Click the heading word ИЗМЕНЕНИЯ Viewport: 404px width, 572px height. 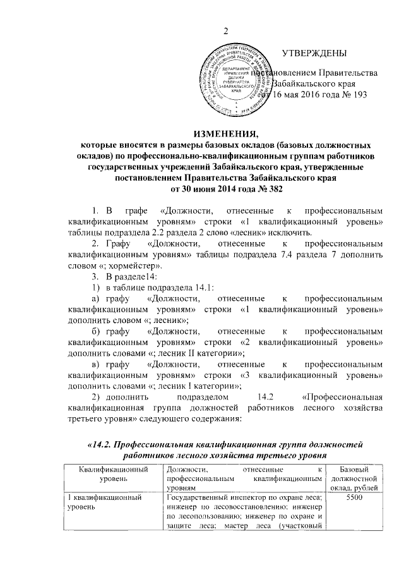pyautogui.click(x=223, y=133)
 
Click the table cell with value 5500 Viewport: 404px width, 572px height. pyautogui.click(x=358, y=499)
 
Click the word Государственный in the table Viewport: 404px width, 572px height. pyautogui.click(x=201, y=499)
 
